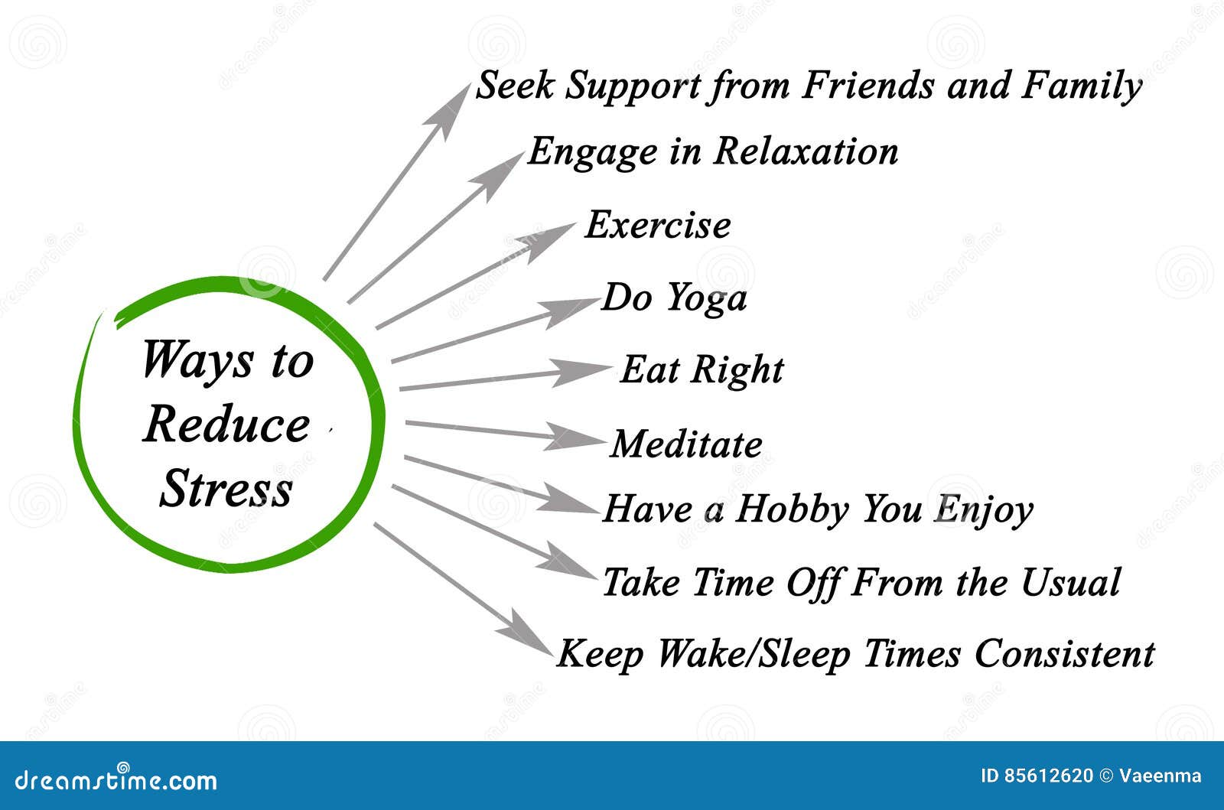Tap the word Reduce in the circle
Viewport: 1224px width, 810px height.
pyautogui.click(x=226, y=425)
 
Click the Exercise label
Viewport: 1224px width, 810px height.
pyautogui.click(x=658, y=226)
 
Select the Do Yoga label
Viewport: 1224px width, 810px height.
pyautogui.click(x=674, y=298)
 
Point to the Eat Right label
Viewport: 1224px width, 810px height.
pyautogui.click(x=702, y=370)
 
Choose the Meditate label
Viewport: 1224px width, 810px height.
pyautogui.click(x=686, y=444)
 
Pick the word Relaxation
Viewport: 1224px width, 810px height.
pyautogui.click(x=806, y=151)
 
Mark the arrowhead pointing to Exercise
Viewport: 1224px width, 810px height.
pyautogui.click(x=549, y=240)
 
